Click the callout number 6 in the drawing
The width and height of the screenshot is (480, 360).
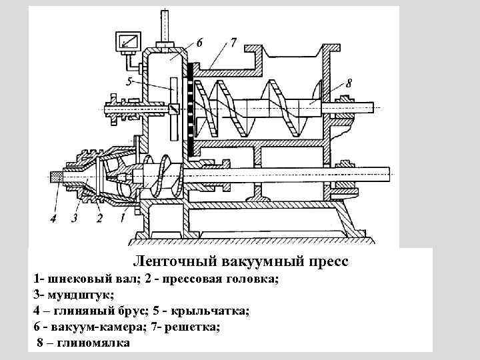[x=199, y=43]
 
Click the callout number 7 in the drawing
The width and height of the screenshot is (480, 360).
[x=233, y=43]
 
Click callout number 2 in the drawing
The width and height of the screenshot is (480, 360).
[x=99, y=217]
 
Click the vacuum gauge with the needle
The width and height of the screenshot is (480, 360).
[x=127, y=42]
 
